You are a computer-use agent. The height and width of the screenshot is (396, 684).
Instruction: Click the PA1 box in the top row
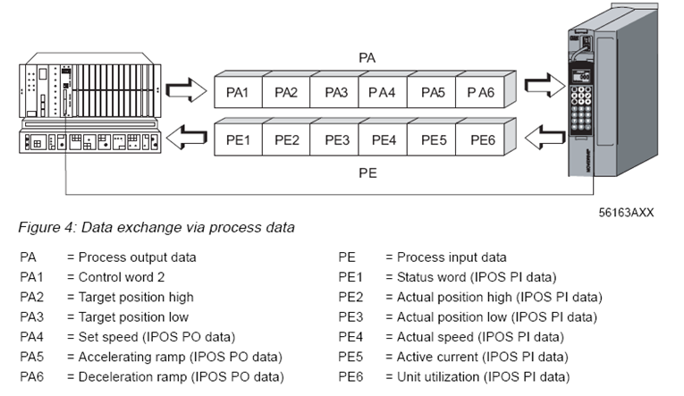point(237,92)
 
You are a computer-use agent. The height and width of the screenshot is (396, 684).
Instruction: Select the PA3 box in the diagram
point(336,92)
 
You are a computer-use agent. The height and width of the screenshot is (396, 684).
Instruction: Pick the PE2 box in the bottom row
point(287,140)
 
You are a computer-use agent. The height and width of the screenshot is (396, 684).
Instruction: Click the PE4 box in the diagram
point(384,140)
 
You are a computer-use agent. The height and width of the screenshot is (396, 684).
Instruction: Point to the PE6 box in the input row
point(481,140)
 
